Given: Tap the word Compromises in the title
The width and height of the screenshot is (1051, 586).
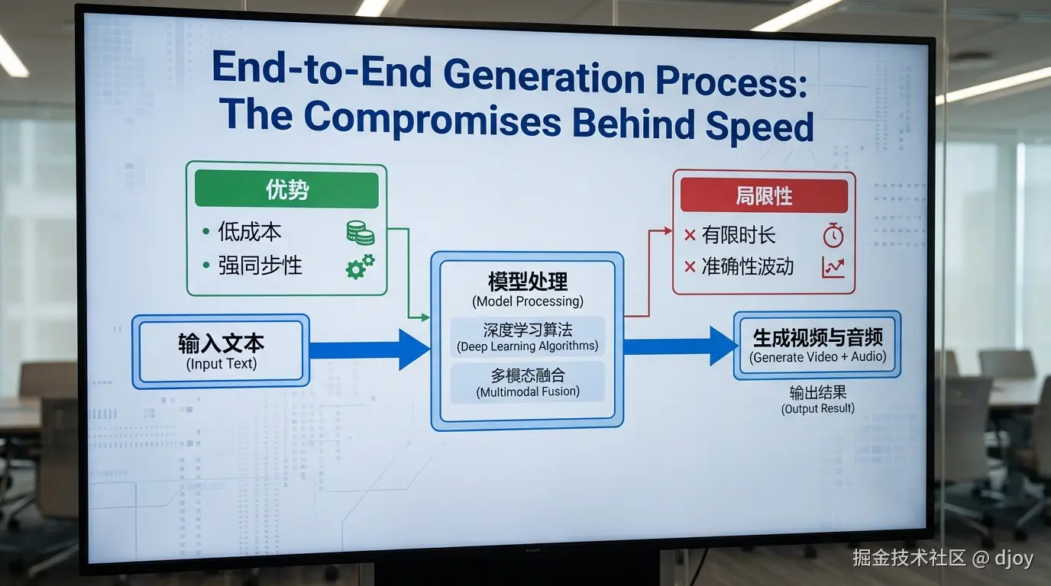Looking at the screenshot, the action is pos(432,118).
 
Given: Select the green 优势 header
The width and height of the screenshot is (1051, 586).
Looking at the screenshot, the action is pos(286,189).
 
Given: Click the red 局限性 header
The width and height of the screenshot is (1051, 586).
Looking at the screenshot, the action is pos(764,195).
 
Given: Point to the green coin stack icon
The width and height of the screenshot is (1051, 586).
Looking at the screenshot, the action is pos(361,233).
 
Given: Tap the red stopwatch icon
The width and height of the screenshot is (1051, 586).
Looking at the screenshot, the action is pos(833,235).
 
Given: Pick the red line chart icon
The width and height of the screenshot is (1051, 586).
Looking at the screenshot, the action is pos(833,267).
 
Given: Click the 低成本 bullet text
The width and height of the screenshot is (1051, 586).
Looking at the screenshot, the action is pos(250,232).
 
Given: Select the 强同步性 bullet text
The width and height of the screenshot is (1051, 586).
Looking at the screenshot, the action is pos(260,266).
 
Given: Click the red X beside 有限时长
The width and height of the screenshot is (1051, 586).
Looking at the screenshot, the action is pos(690,235).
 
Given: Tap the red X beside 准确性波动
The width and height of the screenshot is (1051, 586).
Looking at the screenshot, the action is pos(690,267).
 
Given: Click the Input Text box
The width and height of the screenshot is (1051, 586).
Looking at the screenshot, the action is pos(221,351).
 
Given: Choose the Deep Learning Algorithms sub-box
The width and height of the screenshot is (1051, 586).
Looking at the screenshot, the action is pos(527,337).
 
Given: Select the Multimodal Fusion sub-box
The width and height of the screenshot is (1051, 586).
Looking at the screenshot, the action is pos(527,382).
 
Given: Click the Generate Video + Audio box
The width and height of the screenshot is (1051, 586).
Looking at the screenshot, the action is pos(817,346).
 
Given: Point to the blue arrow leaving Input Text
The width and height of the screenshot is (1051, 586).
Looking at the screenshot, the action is pos(370,349).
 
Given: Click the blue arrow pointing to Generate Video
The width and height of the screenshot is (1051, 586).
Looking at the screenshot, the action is pos(681,346).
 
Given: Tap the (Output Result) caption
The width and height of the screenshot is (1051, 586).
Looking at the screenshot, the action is pos(818,408).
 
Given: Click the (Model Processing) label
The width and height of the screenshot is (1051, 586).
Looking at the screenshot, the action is pos(528,301).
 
